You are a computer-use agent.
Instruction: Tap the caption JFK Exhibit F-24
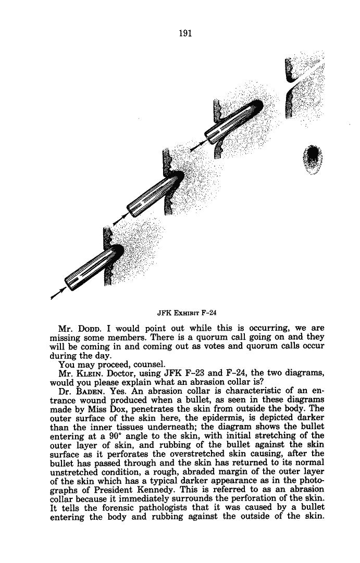tap(187, 313)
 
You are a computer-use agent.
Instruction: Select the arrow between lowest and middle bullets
tap(120, 219)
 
